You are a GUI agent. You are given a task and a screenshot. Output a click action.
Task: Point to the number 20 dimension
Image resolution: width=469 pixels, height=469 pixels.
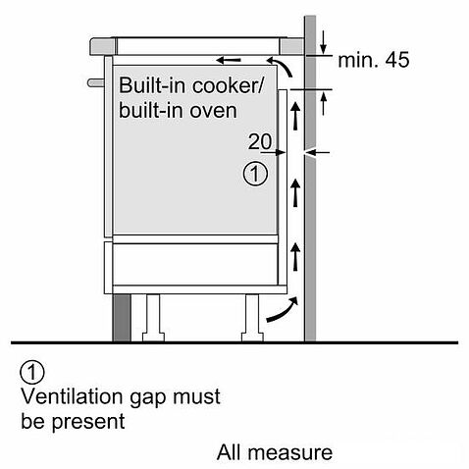pos(261,141)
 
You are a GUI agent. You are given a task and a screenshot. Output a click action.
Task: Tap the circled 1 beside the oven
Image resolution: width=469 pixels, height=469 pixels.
pos(253,175)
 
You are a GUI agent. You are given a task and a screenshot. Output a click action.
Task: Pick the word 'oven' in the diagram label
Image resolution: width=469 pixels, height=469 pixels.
pos(216,109)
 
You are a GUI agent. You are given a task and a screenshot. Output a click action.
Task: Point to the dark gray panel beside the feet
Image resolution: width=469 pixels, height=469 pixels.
pos(121,315)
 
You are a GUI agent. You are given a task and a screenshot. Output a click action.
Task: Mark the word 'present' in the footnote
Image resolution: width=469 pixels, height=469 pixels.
pos(89,423)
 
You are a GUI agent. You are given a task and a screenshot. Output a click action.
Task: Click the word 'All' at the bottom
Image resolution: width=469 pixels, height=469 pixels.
pos(232,453)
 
